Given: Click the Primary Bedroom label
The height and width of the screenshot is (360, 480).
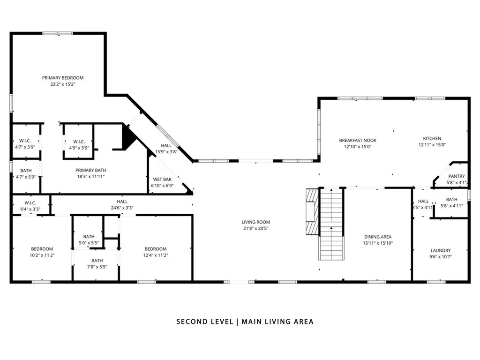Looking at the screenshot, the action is (63, 78).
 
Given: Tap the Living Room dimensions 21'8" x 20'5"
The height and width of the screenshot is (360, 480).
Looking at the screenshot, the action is (255, 228).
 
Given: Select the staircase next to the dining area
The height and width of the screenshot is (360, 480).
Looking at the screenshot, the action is (331, 225).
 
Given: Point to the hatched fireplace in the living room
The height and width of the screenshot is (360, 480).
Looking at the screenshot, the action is (312, 211).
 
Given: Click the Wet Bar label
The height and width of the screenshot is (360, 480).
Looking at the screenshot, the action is (162, 180).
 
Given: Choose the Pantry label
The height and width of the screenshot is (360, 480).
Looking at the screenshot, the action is (457, 176).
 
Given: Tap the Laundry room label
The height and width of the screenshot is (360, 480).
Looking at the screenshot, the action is (441, 250).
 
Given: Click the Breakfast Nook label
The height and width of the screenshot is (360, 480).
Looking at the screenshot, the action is (358, 141).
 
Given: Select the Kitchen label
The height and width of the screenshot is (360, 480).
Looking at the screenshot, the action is (432, 138).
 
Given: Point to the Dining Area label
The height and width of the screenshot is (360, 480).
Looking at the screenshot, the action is (378, 237).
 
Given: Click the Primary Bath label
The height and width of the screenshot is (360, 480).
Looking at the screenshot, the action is (90, 170).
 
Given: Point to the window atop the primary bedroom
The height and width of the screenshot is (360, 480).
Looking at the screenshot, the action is (58, 33).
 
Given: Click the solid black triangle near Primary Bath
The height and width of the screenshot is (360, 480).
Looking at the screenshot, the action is (127, 137).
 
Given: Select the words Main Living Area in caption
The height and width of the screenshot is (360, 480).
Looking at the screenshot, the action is (277, 322).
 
